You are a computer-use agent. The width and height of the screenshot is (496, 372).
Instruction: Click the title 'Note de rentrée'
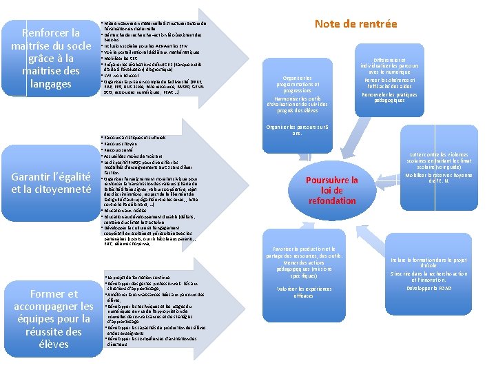(x=355, y=24)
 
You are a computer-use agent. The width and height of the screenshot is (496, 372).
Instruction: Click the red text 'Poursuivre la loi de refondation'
(x=332, y=190)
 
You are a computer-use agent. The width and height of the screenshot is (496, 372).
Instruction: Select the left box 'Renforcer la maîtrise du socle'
(x=51, y=59)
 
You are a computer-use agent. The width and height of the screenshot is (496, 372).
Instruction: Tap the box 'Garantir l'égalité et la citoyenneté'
(x=51, y=183)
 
